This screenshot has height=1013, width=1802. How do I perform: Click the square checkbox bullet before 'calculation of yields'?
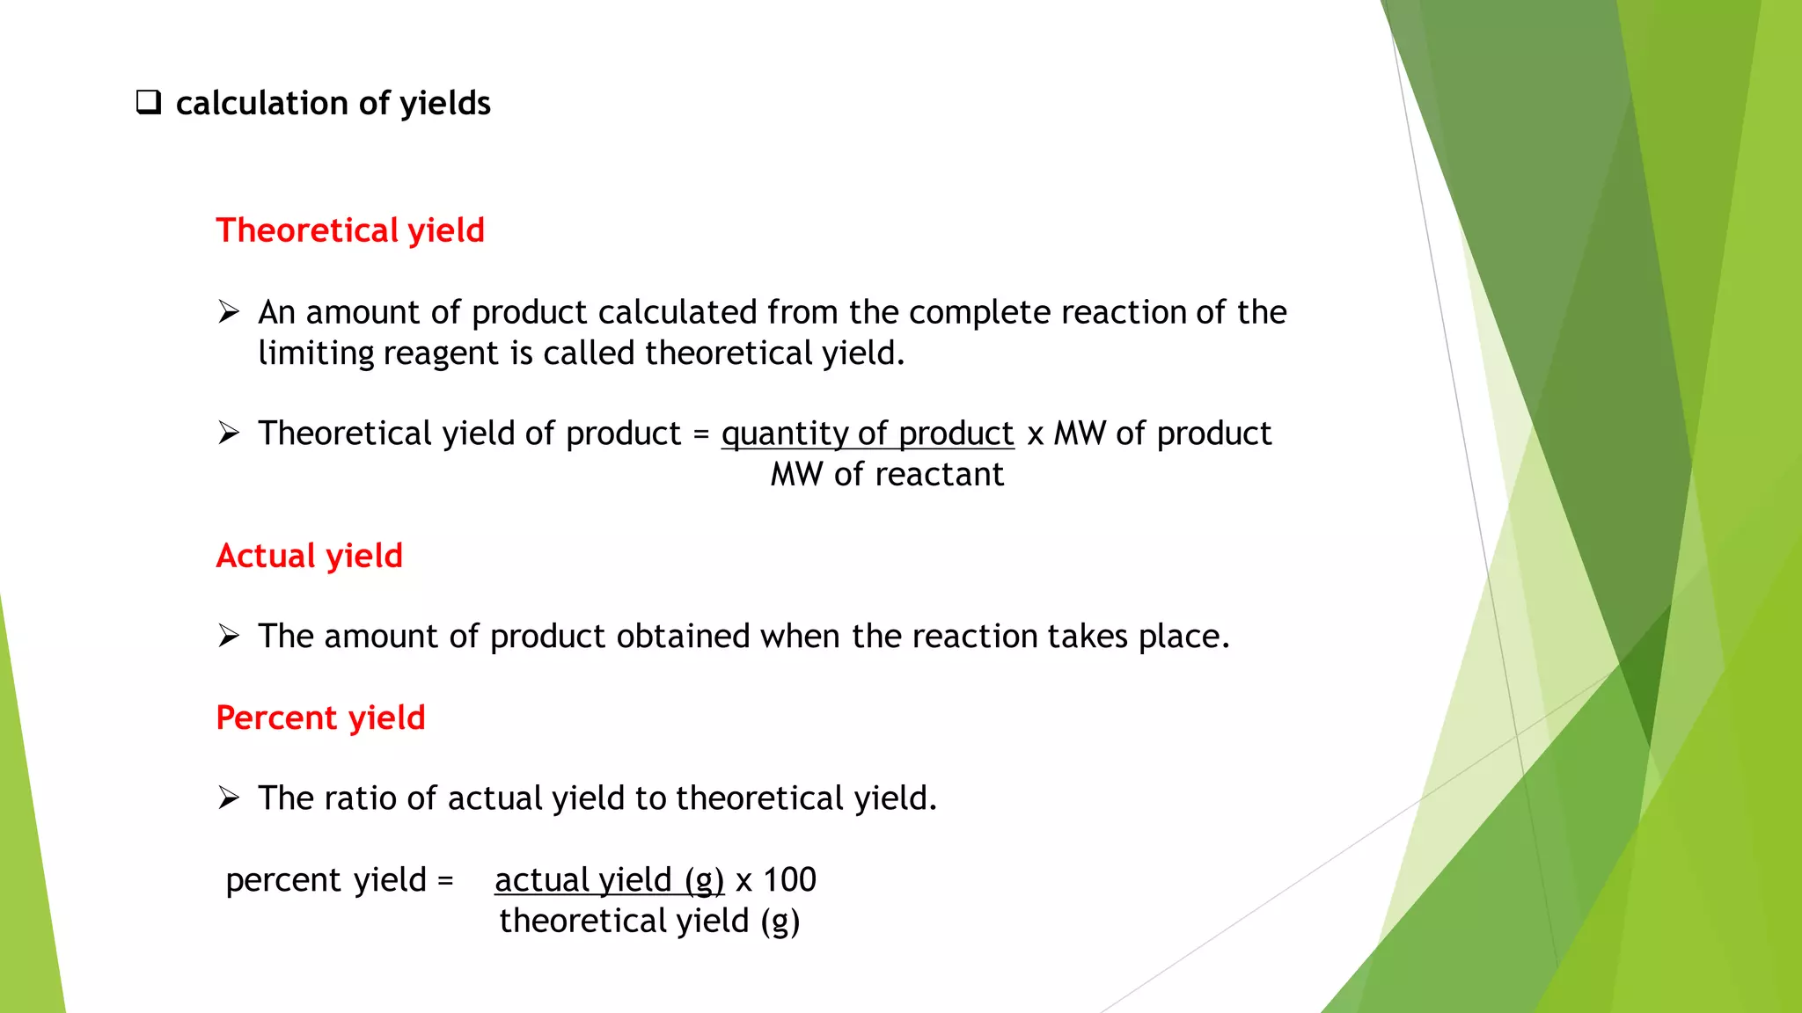149,103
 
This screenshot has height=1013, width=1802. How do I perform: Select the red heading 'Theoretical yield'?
350,230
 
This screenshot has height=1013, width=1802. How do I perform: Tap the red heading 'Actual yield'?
309,556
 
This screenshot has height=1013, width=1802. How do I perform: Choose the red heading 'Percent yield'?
320,718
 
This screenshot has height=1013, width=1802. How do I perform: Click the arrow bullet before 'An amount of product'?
229,312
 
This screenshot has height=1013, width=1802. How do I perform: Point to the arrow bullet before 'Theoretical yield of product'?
229,434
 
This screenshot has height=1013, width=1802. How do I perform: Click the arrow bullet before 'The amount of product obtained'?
229,636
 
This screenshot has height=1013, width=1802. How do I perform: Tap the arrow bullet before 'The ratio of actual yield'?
229,798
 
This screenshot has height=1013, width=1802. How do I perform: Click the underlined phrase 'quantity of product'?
868,434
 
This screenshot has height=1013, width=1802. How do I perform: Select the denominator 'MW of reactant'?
887,475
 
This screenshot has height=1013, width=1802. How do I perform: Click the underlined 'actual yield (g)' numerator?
609,880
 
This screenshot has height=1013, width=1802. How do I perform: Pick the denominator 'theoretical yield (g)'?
649,922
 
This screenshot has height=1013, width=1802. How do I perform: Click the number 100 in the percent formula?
789,880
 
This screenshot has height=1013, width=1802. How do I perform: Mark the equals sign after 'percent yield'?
445,880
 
